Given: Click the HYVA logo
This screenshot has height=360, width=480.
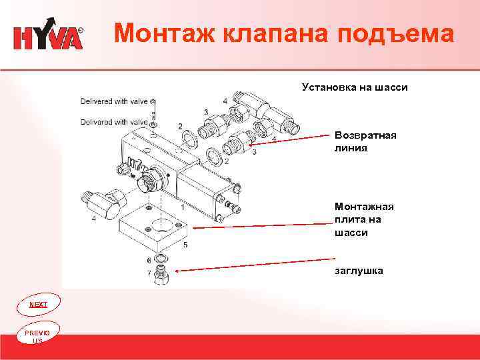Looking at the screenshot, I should [48, 37].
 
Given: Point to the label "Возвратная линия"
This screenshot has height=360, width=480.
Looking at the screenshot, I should [365, 141].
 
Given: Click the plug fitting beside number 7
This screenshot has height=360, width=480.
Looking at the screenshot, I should [160, 274].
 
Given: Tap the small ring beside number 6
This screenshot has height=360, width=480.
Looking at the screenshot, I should [160, 258].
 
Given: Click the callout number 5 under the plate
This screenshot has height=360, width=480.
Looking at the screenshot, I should [185, 245].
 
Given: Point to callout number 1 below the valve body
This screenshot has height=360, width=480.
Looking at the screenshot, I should [181, 208].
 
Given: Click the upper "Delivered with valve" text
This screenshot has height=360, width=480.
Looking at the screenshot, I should [113, 101].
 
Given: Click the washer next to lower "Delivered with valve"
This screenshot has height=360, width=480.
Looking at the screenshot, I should [154, 125].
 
